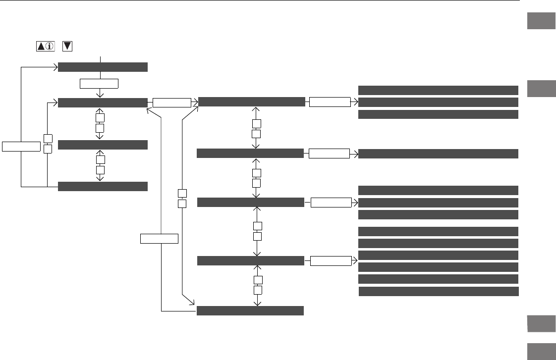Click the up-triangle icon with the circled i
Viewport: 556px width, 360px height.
point(46,46)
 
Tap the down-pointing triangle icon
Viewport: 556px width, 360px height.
point(68,46)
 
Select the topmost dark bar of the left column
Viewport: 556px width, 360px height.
point(103,67)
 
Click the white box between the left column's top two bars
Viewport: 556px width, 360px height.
point(99,83)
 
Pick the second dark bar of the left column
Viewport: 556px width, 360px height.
point(103,103)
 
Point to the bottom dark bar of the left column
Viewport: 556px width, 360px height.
point(103,186)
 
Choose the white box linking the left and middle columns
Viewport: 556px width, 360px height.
point(171,103)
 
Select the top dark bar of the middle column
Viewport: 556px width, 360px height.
point(251,102)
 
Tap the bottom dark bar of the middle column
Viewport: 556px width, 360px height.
point(250,310)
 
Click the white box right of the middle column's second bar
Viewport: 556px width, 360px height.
point(329,154)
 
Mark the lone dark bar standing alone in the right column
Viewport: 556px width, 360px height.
point(438,154)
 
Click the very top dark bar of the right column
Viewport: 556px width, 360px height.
point(438,90)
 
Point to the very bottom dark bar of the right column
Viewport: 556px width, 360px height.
point(438,291)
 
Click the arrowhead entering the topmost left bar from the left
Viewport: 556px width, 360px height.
point(56,67)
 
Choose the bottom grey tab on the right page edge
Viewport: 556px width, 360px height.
point(541,351)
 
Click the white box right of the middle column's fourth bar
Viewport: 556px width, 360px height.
point(331,260)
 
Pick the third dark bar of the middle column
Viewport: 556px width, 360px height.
point(250,202)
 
